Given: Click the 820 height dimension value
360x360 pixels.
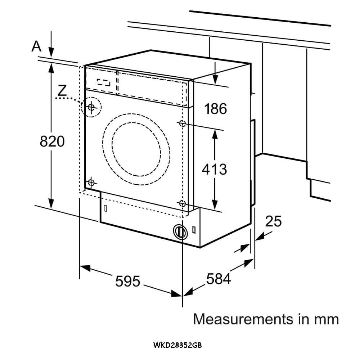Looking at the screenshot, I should pos(52,141).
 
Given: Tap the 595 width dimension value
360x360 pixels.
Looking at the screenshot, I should pos(127,281).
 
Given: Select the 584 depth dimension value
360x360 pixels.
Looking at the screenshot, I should pos(218,278).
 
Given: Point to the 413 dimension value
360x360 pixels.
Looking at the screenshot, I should pos(214,169).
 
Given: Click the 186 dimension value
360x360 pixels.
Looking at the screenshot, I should pos(216,108).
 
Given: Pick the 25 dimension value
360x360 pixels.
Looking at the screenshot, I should pos(273,221).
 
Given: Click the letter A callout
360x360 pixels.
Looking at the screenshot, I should pos(36,46).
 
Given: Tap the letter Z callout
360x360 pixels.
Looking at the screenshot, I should pos(62,90).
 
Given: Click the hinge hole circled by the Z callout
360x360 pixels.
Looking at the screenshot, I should pos(91,107).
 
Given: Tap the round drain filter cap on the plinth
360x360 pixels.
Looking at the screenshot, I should pos(180,231).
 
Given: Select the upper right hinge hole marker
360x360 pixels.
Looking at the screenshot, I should pos(182,123).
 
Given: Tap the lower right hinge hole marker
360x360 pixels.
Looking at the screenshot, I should pos(182,204).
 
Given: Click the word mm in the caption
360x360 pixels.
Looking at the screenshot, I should pos(326,319).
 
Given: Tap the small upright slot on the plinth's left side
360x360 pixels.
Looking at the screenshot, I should pos(105,208).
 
